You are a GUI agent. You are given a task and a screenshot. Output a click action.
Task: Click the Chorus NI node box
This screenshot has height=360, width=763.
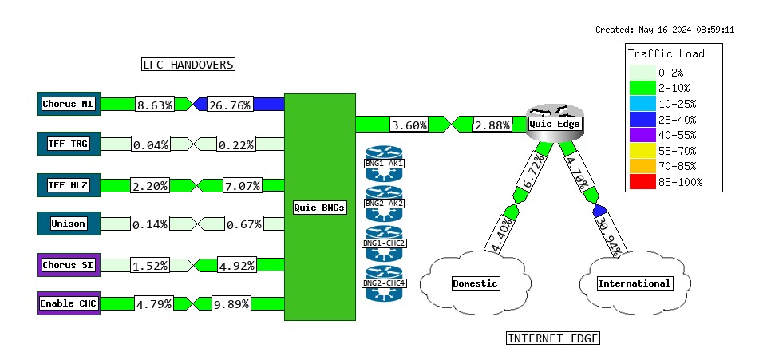(x=69, y=104)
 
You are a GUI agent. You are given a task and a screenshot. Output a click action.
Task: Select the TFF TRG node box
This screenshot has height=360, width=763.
(x=69, y=144)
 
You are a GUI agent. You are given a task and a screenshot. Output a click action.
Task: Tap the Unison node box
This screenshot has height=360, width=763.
(x=69, y=224)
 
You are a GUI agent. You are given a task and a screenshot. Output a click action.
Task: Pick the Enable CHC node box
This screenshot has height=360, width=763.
(x=69, y=303)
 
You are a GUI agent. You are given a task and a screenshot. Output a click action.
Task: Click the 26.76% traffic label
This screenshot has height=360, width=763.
(x=230, y=105)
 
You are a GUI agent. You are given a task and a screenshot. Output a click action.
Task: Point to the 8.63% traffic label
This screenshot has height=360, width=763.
(x=155, y=105)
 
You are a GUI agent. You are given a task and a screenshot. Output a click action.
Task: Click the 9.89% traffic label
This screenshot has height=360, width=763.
(x=232, y=303)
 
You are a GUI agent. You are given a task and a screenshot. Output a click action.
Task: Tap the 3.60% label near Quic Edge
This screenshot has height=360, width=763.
(x=409, y=125)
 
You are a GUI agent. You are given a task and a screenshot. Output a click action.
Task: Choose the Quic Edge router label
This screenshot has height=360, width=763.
(x=555, y=124)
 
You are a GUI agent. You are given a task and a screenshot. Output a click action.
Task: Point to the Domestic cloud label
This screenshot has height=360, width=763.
(x=475, y=283)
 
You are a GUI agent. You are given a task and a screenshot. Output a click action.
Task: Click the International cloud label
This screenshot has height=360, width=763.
(x=635, y=283)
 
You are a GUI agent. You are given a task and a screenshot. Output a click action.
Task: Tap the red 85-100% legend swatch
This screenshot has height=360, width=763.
(x=642, y=182)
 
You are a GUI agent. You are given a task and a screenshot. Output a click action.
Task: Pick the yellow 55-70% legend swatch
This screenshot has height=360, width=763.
(x=642, y=150)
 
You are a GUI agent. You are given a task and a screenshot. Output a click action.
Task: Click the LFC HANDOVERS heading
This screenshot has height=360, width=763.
(x=188, y=64)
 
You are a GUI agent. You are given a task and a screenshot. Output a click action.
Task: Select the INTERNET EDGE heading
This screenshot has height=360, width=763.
(x=552, y=338)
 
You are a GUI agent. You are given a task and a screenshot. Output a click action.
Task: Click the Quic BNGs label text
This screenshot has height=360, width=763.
(x=319, y=208)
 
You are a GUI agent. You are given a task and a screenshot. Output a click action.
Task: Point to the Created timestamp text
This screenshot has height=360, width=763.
(x=665, y=30)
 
